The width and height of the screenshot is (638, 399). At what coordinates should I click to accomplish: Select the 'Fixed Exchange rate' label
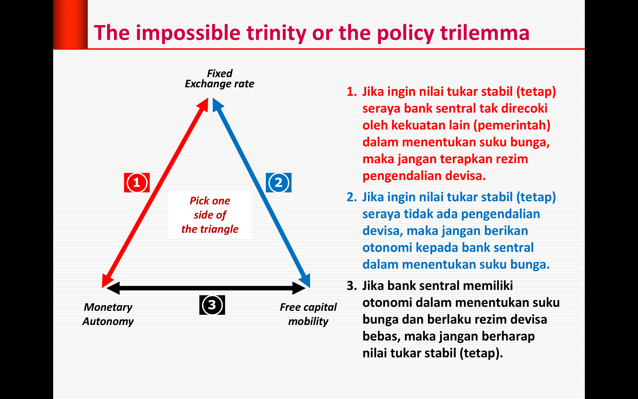220,79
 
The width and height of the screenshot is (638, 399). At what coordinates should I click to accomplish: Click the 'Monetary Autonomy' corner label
108,314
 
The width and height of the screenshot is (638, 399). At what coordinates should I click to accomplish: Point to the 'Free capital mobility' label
308,314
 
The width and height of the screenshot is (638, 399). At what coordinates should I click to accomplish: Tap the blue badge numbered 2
279,183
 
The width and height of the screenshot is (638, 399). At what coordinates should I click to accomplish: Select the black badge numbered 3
212,305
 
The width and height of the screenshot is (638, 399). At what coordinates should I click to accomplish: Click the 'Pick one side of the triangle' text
210,215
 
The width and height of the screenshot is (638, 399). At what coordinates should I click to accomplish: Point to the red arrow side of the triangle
155,193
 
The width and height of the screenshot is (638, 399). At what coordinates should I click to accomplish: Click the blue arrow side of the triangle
261,193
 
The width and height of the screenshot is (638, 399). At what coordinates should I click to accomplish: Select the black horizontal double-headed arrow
206,288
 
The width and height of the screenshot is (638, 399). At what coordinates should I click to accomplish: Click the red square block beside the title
70,24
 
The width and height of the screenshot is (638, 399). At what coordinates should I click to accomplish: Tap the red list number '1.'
352,92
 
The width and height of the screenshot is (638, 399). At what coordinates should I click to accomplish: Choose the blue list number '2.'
352,197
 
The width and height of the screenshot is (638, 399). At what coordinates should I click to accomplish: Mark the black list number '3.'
352,286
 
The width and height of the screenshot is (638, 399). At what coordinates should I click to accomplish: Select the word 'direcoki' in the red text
524,108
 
